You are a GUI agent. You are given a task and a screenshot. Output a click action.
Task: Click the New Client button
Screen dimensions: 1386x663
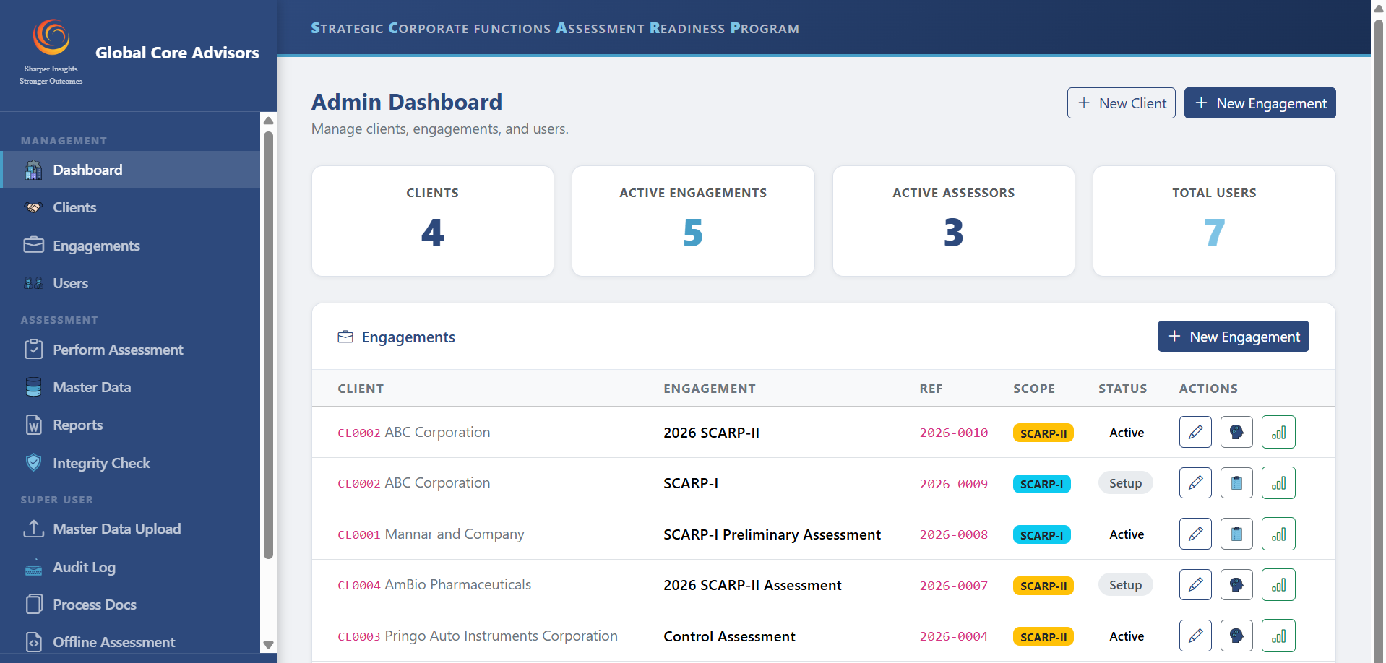tap(1121, 103)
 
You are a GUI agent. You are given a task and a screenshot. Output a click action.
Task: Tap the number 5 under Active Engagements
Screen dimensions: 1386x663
tap(693, 233)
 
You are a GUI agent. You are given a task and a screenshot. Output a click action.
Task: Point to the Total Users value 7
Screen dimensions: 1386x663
tap(1214, 233)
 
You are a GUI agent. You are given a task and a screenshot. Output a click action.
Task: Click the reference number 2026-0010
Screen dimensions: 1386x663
tap(953, 433)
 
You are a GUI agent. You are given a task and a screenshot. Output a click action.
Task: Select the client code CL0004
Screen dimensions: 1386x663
tap(359, 585)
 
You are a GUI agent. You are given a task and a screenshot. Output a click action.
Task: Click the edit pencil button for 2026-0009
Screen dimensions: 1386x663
tap(1195, 483)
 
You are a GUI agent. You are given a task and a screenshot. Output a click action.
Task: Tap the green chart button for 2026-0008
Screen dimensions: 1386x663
tap(1278, 534)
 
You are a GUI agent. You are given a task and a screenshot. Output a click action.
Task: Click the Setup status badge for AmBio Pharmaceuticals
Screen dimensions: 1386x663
tap(1125, 585)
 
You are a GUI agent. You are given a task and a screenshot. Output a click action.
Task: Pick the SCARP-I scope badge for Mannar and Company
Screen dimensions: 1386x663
tap(1041, 534)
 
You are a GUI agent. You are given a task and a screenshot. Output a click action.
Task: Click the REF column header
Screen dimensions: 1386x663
tap(931, 389)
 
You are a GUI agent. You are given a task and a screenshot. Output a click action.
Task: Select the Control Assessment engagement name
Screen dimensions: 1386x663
tap(729, 636)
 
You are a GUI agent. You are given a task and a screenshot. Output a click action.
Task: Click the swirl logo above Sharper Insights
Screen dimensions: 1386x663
tap(51, 37)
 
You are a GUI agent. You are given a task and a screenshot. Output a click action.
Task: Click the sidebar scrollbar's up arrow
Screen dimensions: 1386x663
tap(268, 121)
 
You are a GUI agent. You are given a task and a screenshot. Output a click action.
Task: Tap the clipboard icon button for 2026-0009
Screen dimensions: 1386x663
tap(1236, 483)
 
